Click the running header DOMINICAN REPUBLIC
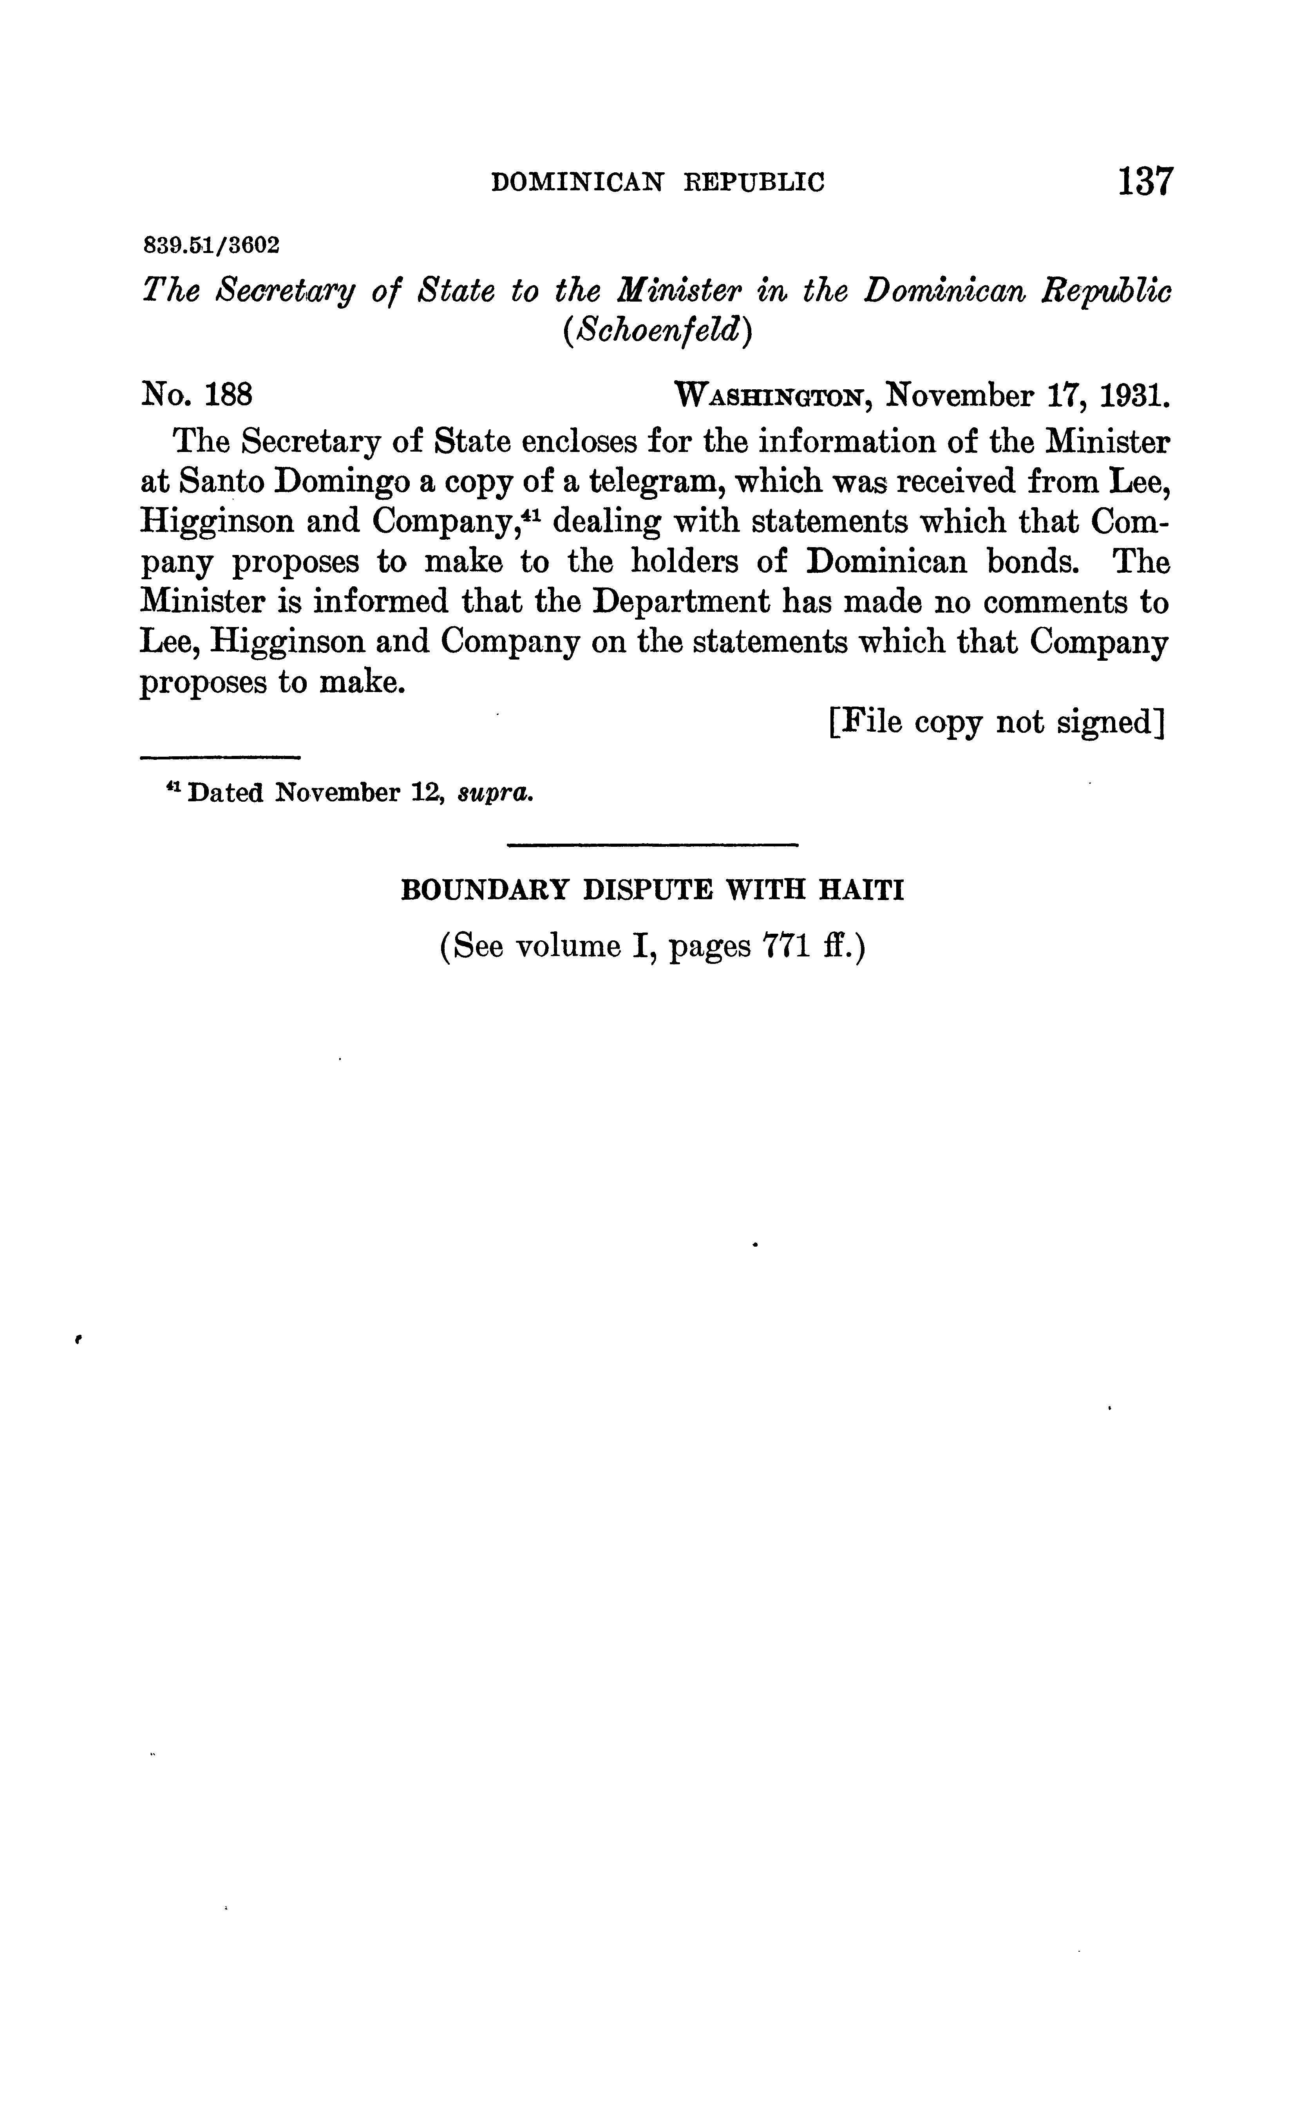pyautogui.click(x=657, y=183)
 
